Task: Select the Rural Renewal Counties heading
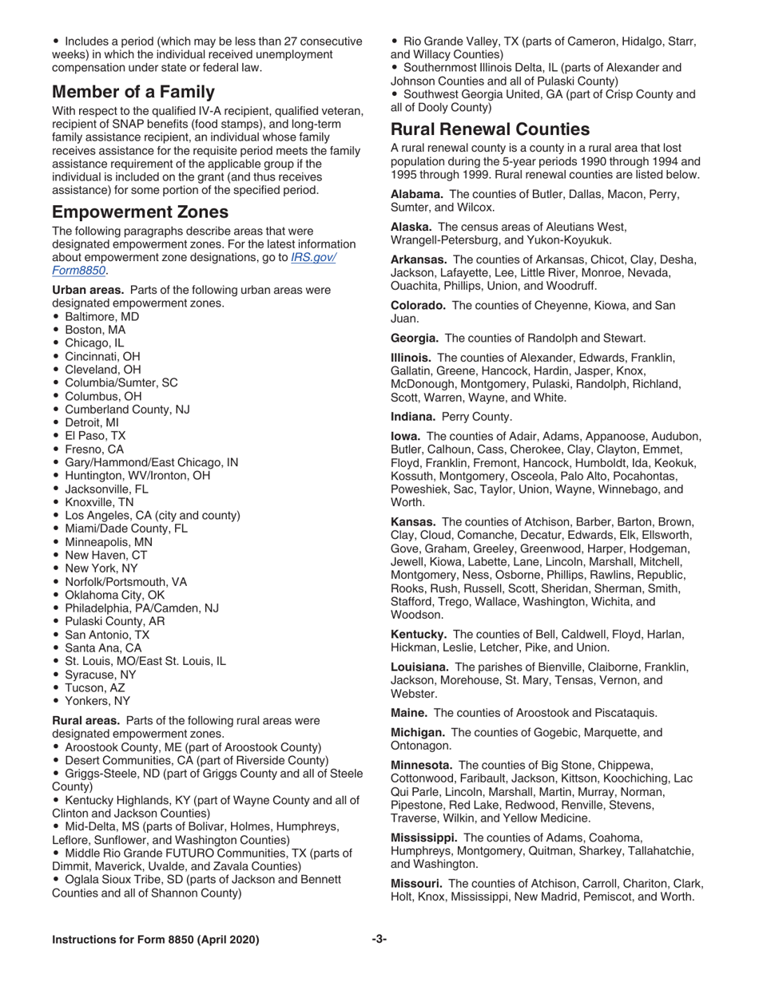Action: coord(491,129)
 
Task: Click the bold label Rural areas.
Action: coord(86,720)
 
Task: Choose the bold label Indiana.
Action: coord(413,416)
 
